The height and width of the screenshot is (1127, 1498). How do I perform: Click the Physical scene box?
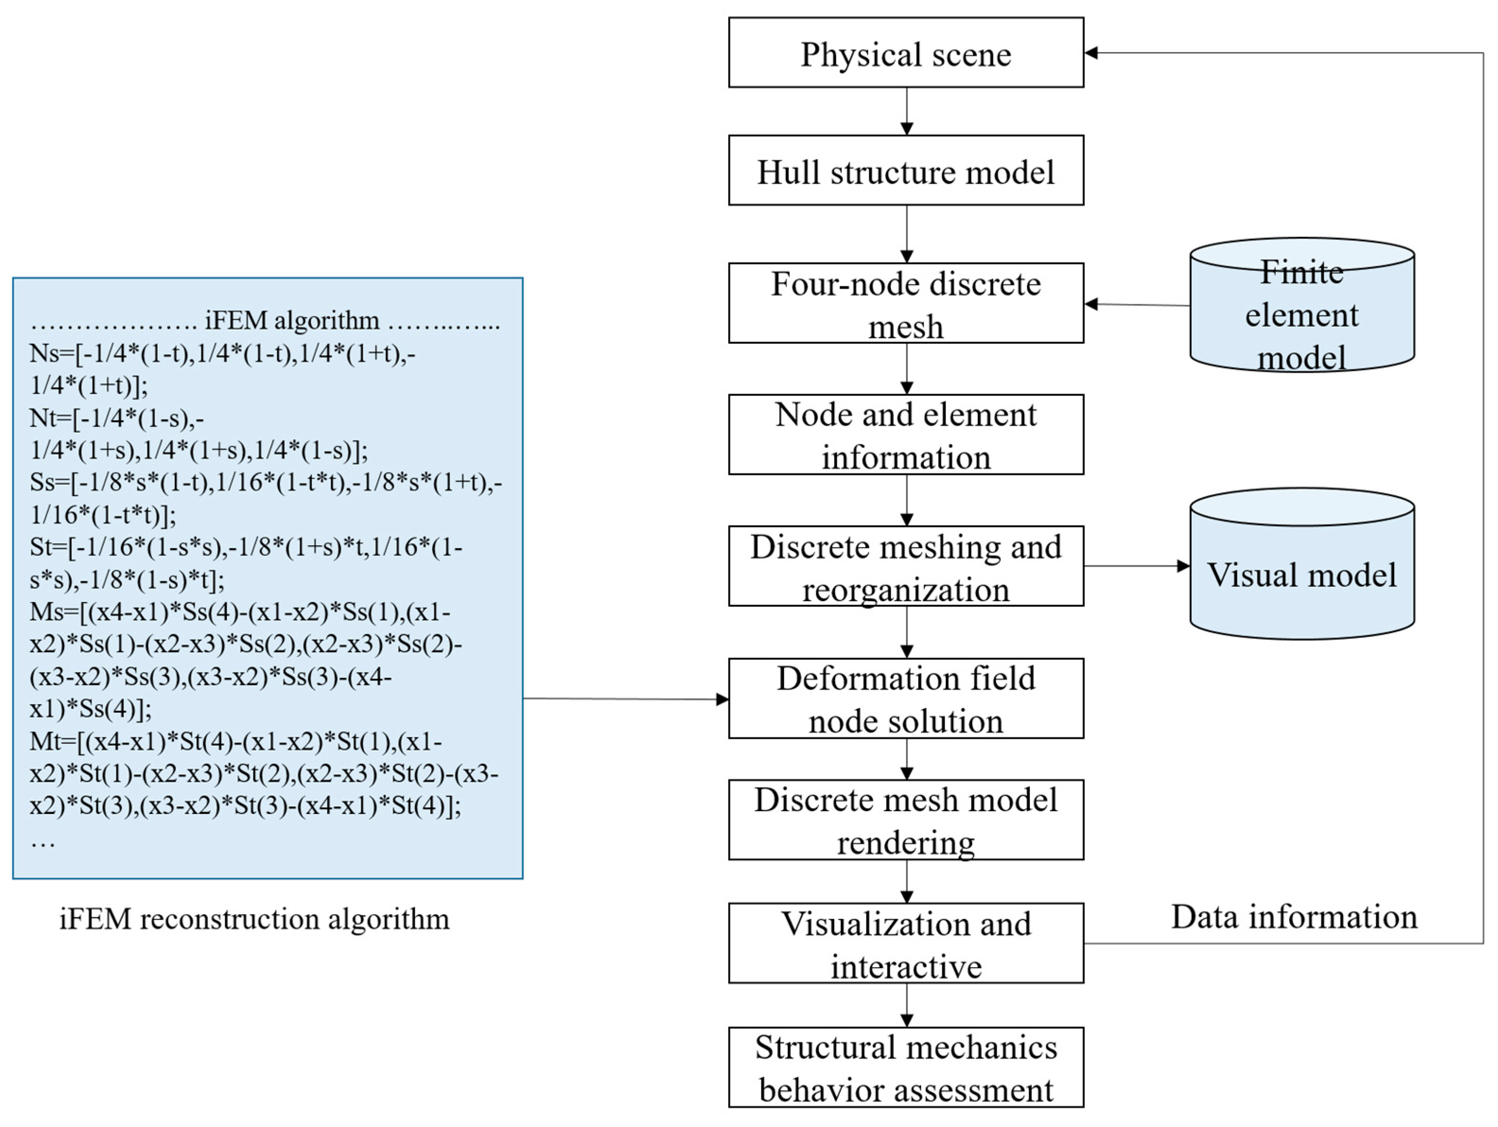pos(906,53)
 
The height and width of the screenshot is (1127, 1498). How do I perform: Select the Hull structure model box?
pos(906,171)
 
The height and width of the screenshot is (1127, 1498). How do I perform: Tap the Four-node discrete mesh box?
pos(906,304)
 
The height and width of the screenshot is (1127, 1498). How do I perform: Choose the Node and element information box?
pos(906,435)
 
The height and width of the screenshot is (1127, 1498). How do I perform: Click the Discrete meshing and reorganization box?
pos(906,566)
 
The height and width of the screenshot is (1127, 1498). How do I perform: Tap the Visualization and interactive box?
pos(906,944)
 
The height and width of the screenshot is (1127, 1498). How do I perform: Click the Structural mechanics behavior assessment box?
pos(906,1067)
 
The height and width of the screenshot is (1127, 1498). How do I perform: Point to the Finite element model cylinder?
pos(1302,313)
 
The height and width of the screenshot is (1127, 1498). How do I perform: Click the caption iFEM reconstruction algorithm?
pos(254,919)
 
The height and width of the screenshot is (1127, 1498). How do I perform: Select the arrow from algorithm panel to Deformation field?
pos(623,699)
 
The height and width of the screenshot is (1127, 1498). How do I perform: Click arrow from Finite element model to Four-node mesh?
pos(1138,305)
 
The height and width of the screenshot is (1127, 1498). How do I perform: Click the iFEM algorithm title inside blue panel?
pos(291,320)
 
